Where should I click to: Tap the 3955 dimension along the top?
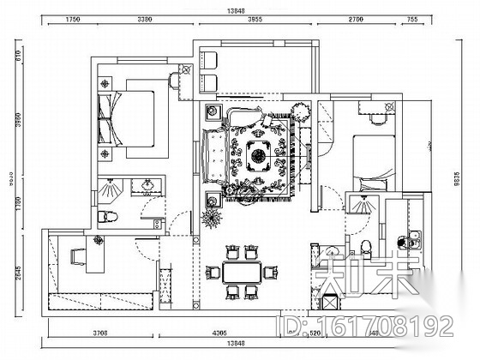250,18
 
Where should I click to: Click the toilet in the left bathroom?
105,216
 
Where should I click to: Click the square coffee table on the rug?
259,156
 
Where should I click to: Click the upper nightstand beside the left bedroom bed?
105,84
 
